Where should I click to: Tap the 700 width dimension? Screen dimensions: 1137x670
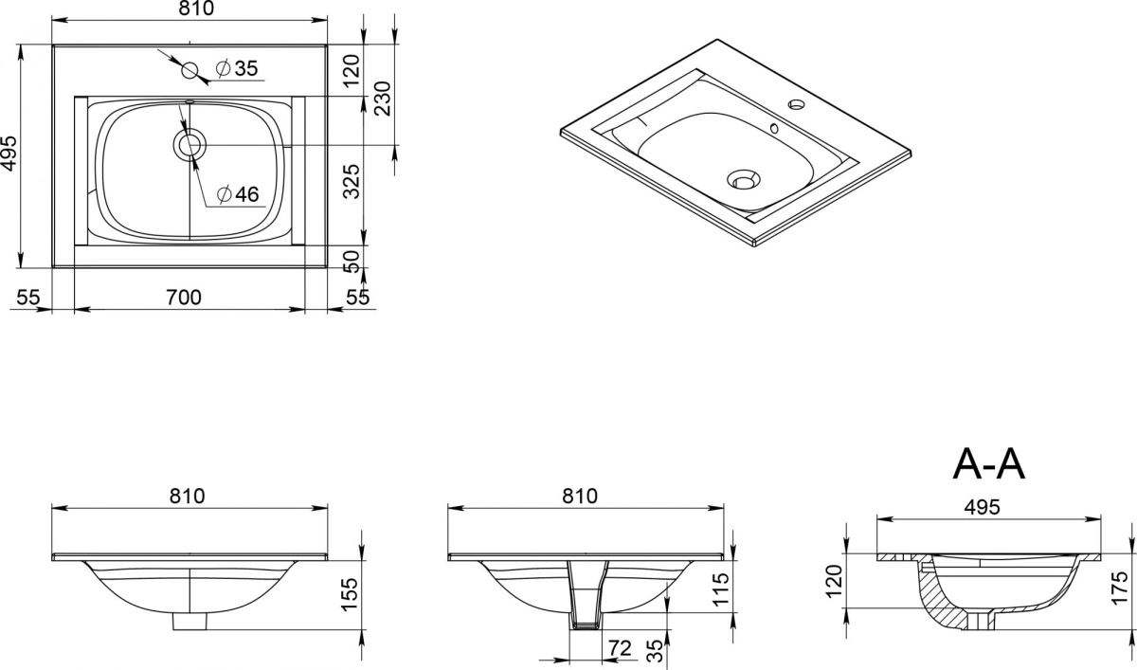point(184,298)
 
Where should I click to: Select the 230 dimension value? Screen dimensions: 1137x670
point(382,99)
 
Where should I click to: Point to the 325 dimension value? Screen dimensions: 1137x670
point(351,181)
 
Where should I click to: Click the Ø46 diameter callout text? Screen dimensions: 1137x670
point(238,194)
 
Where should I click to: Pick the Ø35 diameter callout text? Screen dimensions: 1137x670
point(237,68)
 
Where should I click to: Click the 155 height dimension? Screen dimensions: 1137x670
point(351,594)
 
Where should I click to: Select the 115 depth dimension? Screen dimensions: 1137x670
point(721,589)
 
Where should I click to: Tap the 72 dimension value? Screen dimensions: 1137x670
point(620,648)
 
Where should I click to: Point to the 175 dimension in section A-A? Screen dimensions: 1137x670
point(1120,588)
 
